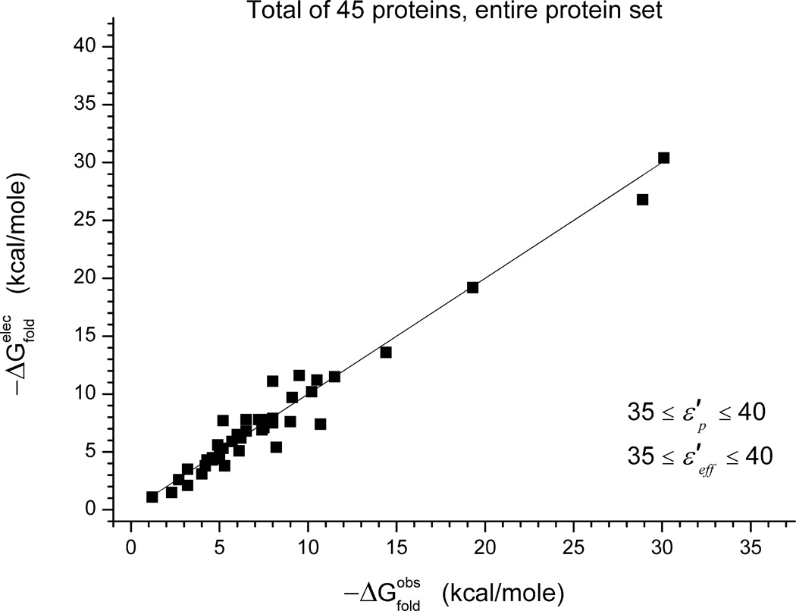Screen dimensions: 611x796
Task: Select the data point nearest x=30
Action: (x=663, y=158)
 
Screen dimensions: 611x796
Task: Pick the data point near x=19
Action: (x=472, y=287)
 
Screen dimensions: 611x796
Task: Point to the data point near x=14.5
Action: (x=386, y=352)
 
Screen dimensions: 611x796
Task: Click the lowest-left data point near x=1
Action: (x=152, y=497)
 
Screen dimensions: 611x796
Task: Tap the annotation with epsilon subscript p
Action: (x=694, y=415)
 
